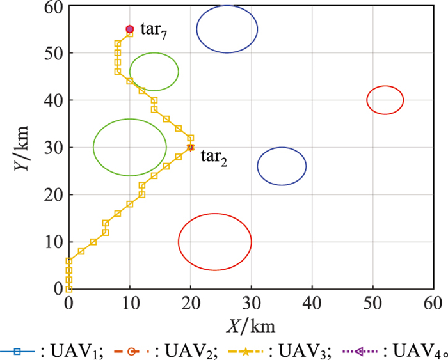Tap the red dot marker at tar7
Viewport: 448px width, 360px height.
tap(129, 29)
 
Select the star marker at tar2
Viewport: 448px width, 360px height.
tap(190, 147)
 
